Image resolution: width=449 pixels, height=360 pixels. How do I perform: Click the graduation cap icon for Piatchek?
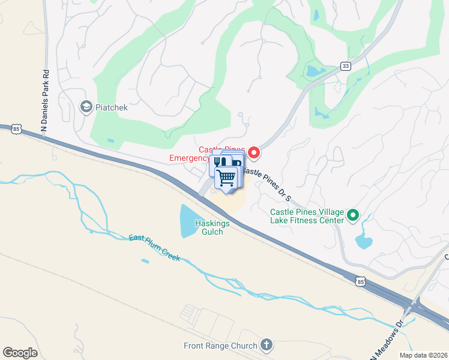(x=86, y=107)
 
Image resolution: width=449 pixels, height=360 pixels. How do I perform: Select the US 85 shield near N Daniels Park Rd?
(x=16, y=128)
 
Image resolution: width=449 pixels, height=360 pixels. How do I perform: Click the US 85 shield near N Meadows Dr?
(x=360, y=280)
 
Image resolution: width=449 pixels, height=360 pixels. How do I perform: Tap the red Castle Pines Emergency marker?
(x=254, y=154)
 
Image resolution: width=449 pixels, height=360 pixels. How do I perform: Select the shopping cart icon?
(x=226, y=178)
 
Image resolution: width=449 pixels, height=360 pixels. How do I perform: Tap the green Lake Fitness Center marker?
(x=354, y=215)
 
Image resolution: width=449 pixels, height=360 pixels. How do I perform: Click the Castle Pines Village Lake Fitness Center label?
(x=306, y=216)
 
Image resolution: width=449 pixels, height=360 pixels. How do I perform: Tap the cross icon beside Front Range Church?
(x=267, y=345)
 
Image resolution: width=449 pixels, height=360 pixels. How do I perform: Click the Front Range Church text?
(x=221, y=346)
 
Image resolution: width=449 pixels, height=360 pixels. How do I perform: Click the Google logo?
(x=20, y=352)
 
